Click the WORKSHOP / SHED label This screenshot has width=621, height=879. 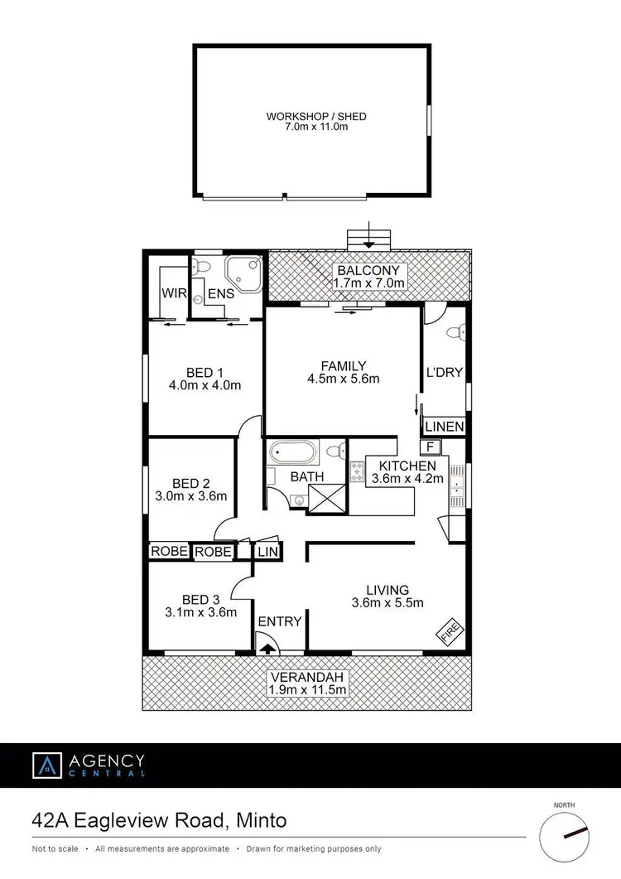coord(315,117)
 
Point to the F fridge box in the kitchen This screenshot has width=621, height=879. coord(430,447)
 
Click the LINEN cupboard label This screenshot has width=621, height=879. coord(445,427)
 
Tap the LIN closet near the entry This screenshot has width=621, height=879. coord(267,552)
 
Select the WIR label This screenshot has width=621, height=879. coord(173,293)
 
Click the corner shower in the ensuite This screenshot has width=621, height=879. coord(246,272)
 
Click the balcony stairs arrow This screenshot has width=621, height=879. coord(368,241)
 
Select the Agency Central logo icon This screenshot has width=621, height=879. coord(46,766)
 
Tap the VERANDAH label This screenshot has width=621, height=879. coord(306,676)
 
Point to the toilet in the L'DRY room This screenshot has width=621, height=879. coord(453,333)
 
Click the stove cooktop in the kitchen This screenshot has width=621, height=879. coord(358,471)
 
